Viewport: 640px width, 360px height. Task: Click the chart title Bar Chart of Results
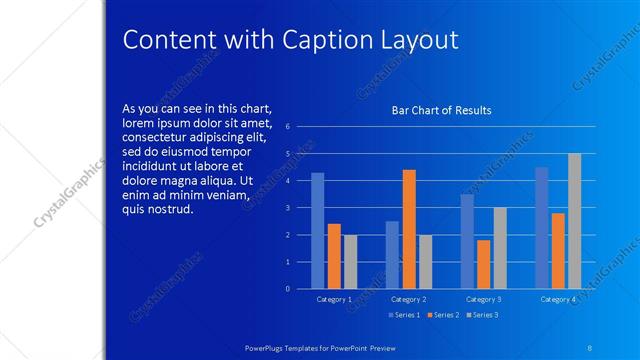pos(441,110)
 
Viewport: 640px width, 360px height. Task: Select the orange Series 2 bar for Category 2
pos(409,229)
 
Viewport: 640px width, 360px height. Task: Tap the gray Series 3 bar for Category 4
pos(574,221)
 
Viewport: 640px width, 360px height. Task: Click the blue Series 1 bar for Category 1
pos(318,231)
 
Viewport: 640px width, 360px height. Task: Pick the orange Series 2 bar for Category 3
pos(484,264)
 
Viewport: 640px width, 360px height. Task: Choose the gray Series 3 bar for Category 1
pos(350,262)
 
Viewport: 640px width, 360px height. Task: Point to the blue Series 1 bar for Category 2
pos(392,255)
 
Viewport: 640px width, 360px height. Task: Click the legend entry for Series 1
pos(404,315)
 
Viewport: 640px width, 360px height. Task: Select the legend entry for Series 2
pos(443,315)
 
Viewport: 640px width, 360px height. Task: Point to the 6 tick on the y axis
pos(288,127)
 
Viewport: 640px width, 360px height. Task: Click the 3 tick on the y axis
pos(288,208)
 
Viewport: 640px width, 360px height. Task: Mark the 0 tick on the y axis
pos(288,289)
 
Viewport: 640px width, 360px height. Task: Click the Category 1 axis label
pos(334,299)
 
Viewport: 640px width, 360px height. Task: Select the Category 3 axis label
pos(484,299)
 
